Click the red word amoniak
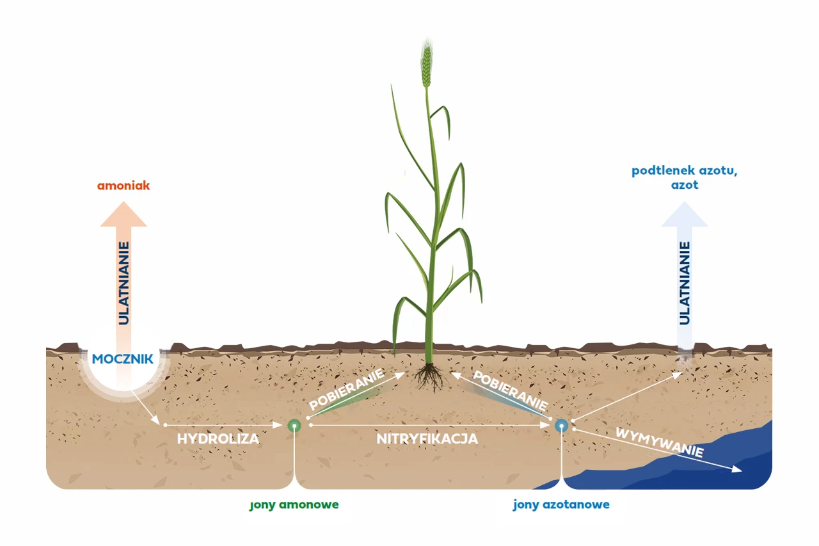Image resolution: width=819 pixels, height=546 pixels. [x=123, y=186]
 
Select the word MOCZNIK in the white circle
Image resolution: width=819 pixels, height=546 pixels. [x=123, y=358]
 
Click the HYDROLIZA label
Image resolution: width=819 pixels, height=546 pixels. [x=218, y=439]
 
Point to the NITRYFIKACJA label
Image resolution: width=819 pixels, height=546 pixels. [x=427, y=439]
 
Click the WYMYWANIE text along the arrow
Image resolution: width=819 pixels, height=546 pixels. [x=660, y=442]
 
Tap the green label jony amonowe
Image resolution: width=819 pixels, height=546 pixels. [x=294, y=504]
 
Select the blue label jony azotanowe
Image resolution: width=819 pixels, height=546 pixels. [x=561, y=504]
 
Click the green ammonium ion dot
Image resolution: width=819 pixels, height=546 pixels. [x=294, y=424]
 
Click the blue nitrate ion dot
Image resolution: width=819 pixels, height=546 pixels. [x=561, y=424]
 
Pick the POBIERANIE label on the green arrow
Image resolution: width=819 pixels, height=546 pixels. [x=347, y=390]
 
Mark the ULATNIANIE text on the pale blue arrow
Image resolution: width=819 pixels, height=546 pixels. [x=685, y=282]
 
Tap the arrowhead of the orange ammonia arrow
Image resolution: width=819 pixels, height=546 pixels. [x=123, y=214]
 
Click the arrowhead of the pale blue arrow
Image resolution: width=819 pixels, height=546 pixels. [x=685, y=214]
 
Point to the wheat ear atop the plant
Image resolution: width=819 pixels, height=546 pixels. [x=427, y=64]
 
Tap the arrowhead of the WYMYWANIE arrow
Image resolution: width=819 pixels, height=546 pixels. [x=737, y=470]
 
